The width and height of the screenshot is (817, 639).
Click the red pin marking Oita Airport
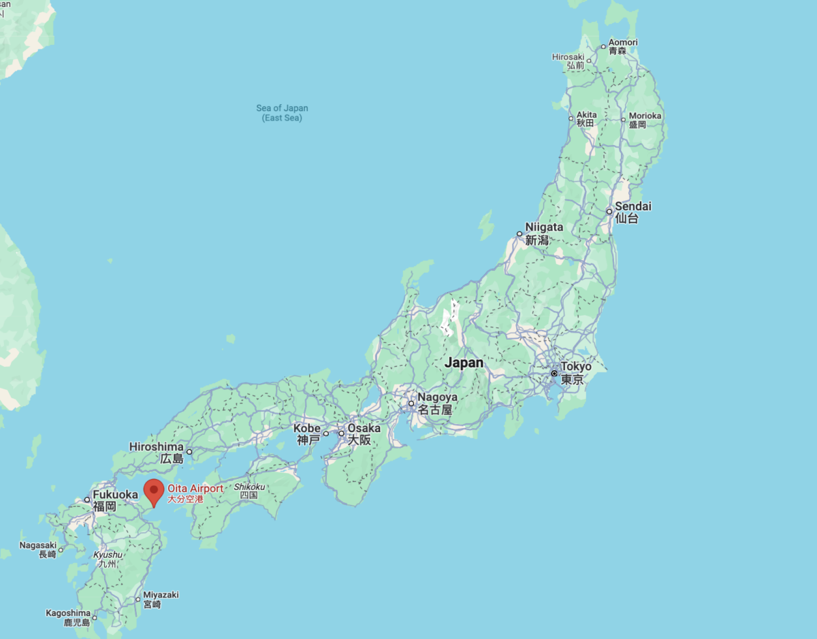tap(155, 491)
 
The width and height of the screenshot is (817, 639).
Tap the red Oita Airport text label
tap(195, 489)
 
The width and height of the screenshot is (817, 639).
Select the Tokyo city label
tap(575, 367)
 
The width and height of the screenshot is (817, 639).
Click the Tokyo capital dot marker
tap(555, 374)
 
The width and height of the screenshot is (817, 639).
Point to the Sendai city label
tap(632, 206)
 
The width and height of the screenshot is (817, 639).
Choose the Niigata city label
tap(544, 227)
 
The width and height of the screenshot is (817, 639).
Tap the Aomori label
tap(623, 43)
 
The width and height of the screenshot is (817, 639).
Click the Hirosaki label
tap(568, 57)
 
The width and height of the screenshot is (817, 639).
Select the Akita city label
tap(586, 115)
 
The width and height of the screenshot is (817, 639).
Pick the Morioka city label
tap(645, 116)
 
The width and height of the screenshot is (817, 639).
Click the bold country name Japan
tap(464, 363)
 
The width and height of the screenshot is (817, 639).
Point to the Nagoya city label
tap(437, 397)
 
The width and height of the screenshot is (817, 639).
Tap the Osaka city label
tap(364, 429)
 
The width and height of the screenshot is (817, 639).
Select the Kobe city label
tap(308, 429)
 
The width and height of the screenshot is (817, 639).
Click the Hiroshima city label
tap(156, 447)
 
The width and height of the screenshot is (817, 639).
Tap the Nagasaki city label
tap(38, 545)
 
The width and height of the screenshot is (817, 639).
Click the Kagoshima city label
tap(68, 614)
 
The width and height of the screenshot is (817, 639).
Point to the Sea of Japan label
tap(282, 109)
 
